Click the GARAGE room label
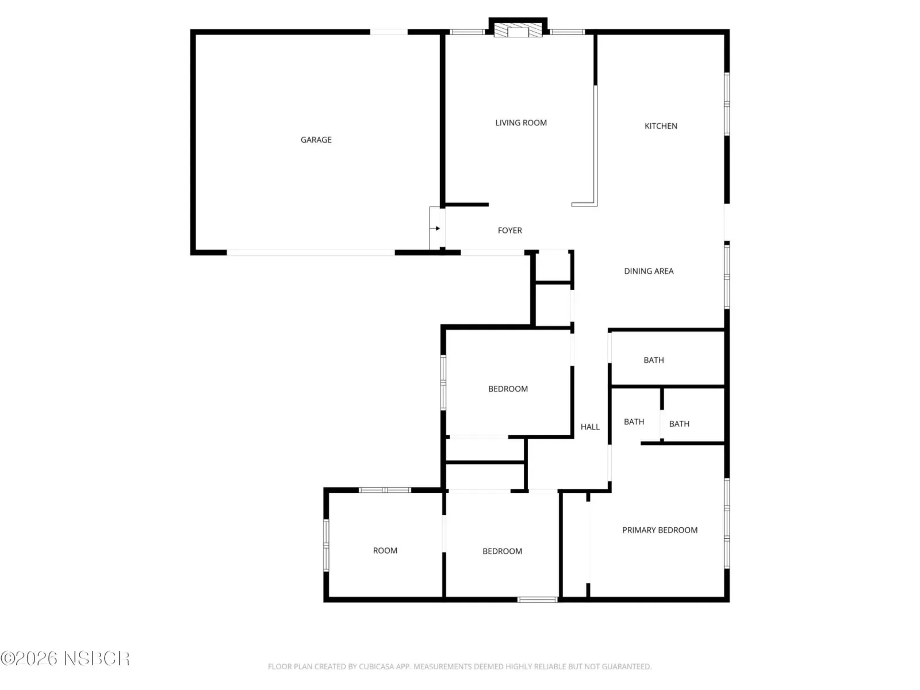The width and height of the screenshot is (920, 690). (x=316, y=140)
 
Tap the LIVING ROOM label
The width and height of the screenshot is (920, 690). (x=521, y=122)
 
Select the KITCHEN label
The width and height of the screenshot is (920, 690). (x=661, y=126)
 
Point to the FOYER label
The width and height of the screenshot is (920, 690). (x=509, y=231)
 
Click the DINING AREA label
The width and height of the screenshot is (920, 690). (x=649, y=271)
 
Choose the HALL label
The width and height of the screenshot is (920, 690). (x=590, y=427)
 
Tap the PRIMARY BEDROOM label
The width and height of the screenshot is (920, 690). (x=660, y=530)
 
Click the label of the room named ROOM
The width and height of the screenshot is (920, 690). (x=385, y=550)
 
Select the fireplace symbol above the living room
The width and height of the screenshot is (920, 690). (x=518, y=30)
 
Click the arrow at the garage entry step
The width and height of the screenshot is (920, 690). (x=437, y=228)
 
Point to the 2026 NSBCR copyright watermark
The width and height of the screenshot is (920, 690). (x=66, y=658)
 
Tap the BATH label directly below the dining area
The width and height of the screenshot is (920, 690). (x=653, y=360)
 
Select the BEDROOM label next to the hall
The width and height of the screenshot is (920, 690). (x=508, y=389)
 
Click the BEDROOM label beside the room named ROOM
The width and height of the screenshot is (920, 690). (x=502, y=551)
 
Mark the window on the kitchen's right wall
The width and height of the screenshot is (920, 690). (x=727, y=104)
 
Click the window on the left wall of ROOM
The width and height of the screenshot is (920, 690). (x=326, y=545)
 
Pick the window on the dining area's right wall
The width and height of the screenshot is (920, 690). (x=727, y=277)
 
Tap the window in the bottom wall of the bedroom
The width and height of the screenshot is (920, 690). (x=537, y=600)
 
